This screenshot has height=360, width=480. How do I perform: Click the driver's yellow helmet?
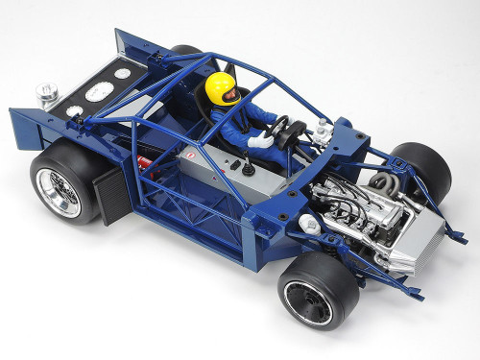220,85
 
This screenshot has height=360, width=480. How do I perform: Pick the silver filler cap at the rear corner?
46,95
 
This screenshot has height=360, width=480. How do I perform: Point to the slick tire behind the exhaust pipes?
423,169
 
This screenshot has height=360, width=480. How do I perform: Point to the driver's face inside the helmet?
227,95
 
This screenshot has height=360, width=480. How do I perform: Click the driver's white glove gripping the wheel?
260,140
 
